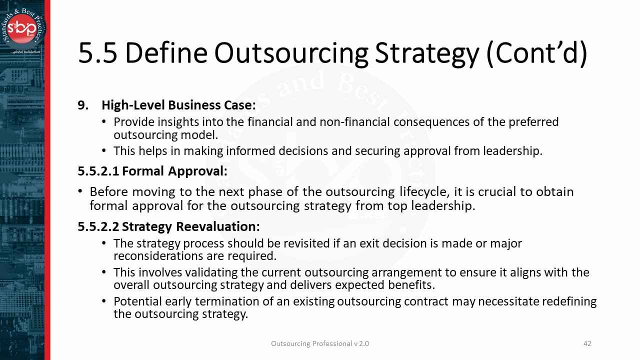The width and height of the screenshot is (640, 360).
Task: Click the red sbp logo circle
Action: [x=22, y=28]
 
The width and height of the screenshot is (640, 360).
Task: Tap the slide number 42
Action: [x=587, y=343]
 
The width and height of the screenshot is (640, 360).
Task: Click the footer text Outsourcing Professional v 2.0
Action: [x=320, y=343]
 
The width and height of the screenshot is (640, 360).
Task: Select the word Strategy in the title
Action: [x=426, y=53]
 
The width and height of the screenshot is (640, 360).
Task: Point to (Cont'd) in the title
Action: [x=536, y=53]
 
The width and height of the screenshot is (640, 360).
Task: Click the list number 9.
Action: [x=83, y=105]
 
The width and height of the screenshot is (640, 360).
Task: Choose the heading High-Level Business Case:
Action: [x=178, y=105]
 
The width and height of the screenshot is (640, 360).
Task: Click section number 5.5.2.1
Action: [x=98, y=171]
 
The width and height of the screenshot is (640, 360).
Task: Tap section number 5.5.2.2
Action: [x=98, y=227]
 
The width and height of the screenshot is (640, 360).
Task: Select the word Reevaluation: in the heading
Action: [x=217, y=227]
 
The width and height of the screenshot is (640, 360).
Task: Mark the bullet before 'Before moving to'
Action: [x=80, y=191]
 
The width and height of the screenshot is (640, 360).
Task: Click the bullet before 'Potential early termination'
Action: [x=104, y=301]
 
